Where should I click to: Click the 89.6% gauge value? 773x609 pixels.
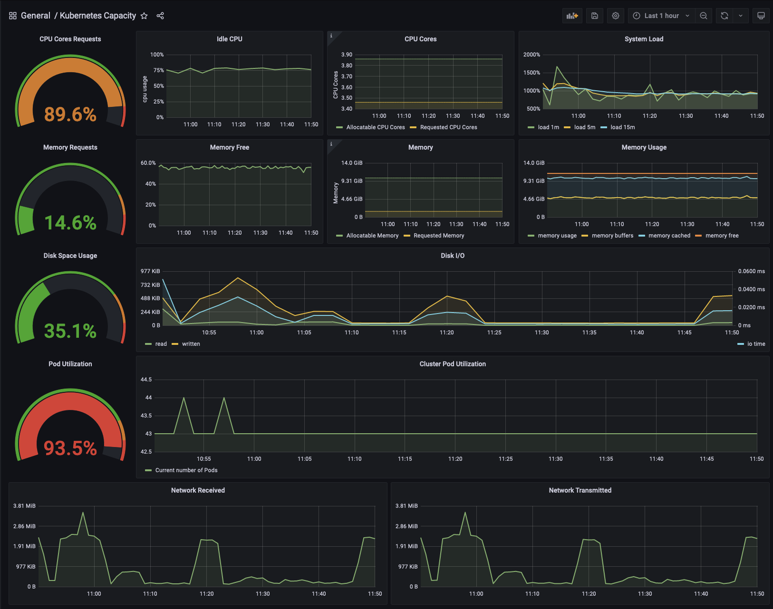(70, 114)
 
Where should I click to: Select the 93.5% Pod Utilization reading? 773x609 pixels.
(70, 448)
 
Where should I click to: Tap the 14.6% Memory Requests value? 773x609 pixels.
(70, 223)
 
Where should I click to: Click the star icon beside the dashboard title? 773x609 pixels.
(144, 16)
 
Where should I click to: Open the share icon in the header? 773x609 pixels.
(160, 16)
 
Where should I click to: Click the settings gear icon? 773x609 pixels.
(615, 16)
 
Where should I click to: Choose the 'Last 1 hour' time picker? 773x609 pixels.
(661, 16)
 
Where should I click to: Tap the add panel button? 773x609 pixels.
(572, 16)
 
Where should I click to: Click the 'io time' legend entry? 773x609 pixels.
(752, 344)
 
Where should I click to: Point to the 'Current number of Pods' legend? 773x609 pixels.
(182, 470)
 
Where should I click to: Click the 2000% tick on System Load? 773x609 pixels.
(531, 55)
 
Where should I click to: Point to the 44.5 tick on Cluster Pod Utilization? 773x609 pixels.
(146, 380)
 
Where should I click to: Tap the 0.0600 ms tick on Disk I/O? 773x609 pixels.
(752, 271)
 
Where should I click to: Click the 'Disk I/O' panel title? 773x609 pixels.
(453, 256)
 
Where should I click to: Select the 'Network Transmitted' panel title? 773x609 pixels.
(580, 491)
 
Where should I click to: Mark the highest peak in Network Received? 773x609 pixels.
(83, 513)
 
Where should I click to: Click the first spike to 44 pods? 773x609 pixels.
(184, 398)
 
